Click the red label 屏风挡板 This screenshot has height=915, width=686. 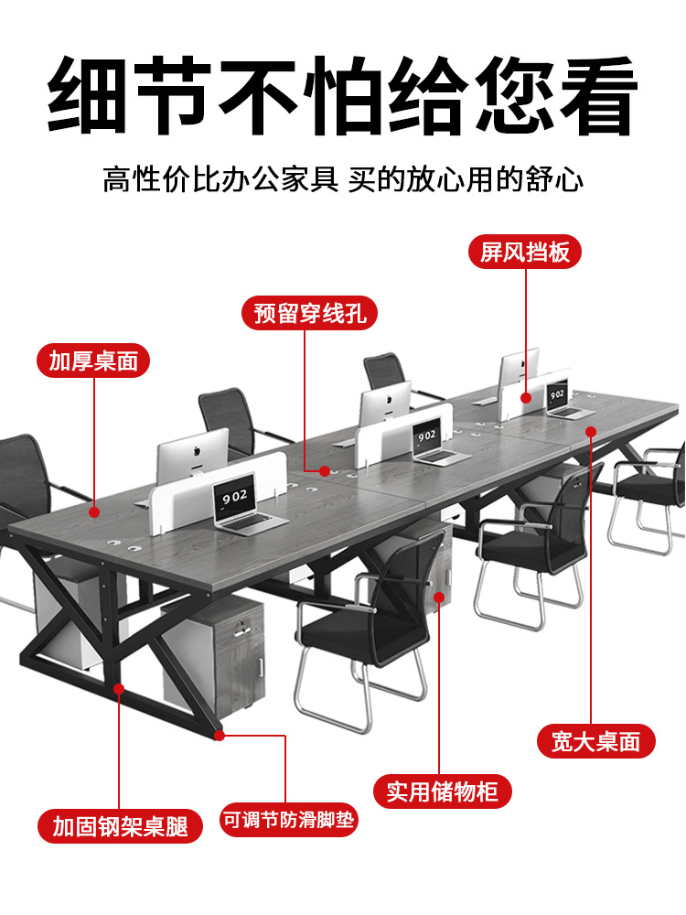[x=525, y=252]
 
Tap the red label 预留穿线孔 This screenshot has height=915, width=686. [x=309, y=313]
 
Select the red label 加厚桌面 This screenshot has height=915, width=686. [x=93, y=361]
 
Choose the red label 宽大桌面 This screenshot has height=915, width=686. [x=595, y=741]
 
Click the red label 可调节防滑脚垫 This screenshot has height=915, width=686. [x=288, y=820]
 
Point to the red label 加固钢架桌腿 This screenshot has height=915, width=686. [x=120, y=826]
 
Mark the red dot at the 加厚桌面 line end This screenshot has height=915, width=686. [x=94, y=512]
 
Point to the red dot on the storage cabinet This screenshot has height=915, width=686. [x=438, y=598]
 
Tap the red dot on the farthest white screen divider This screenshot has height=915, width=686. [x=527, y=397]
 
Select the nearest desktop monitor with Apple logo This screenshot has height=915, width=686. [x=192, y=453]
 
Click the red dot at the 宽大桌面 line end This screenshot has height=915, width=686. [x=592, y=430]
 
